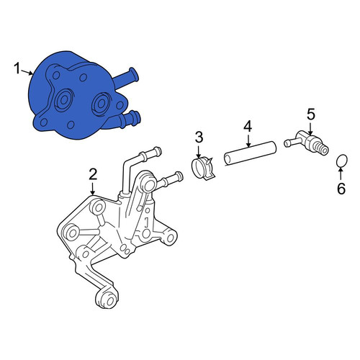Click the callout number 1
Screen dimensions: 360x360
pyautogui.click(x=17, y=68)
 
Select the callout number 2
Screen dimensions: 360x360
pyautogui.click(x=93, y=174)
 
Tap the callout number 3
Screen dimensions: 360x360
pyautogui.click(x=199, y=138)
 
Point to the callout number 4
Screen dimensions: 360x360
pyautogui.click(x=248, y=127)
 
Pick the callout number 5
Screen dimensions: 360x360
pyautogui.click(x=311, y=114)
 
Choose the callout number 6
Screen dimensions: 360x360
pyautogui.click(x=341, y=189)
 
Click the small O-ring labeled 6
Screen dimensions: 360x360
pyautogui.click(x=341, y=161)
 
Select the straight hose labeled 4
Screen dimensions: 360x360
pyautogui.click(x=250, y=153)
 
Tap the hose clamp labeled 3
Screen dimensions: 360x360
pyautogui.click(x=203, y=168)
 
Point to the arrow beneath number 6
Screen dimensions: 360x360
pyautogui.click(x=341, y=174)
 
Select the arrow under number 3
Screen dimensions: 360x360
pyautogui.click(x=199, y=151)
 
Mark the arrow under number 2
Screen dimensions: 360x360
pyautogui.click(x=92, y=188)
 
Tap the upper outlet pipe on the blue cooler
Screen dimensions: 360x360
pyautogui.click(x=125, y=76)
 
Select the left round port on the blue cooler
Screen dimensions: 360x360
pyautogui.click(x=63, y=100)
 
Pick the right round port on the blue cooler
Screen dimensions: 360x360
pyautogui.click(x=101, y=103)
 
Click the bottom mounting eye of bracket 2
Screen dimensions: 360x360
pyautogui.click(x=107, y=298)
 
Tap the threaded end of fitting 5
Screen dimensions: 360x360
pyautogui.click(x=320, y=148)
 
